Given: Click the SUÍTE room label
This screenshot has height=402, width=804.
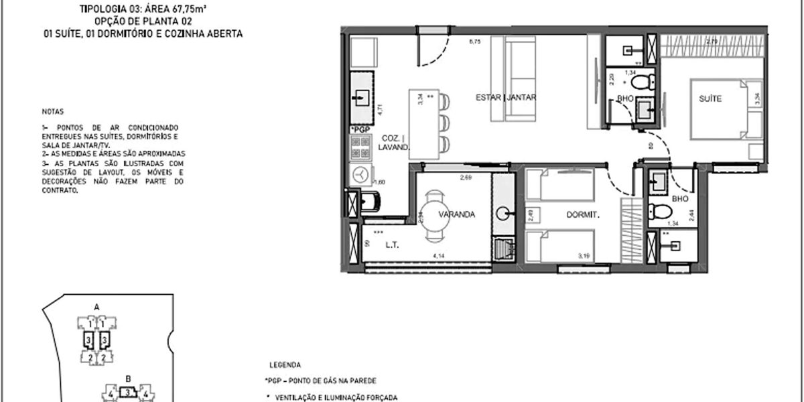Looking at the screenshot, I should coord(710,99).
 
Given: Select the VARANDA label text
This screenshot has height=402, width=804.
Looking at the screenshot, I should coord(457,215).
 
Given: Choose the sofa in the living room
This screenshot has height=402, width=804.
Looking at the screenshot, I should coord(521,80).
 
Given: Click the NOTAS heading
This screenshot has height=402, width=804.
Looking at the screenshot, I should coord(51,112).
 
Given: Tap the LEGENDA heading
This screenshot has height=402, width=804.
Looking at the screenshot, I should coord(285,366).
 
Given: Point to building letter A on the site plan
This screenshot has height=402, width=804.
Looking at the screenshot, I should coord(96,307).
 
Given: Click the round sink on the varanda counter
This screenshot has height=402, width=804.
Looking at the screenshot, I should coord(503,214).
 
